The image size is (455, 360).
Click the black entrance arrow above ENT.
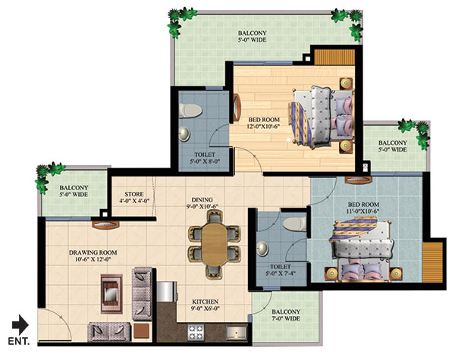pyautogui.click(x=20, y=324)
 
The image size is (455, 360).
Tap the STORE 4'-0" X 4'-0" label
pyautogui.click(x=134, y=197)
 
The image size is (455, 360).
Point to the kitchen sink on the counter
pyautogui.click(x=237, y=333)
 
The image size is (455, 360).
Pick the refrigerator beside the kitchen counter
pyautogui.click(x=167, y=292)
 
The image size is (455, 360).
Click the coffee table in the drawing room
pyautogui.click(x=111, y=294)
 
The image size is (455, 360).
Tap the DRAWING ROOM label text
pyautogui.click(x=93, y=252)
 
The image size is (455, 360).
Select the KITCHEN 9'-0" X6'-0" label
pyautogui.click(x=206, y=305)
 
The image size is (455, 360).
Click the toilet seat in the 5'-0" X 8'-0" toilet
pyautogui.click(x=190, y=111)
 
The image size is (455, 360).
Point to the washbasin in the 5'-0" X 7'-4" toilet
pyautogui.click(x=262, y=249)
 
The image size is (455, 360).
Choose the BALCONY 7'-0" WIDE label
pyautogui.click(x=286, y=315)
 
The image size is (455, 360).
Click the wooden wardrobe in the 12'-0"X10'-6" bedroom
pyautogui.click(x=334, y=57)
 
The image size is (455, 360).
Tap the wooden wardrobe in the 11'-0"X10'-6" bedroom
pyautogui.click(x=433, y=262)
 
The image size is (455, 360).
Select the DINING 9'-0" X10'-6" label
pyautogui.click(x=202, y=203)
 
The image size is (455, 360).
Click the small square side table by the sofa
pyautogui.click(x=141, y=330)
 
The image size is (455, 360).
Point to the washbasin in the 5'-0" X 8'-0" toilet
pyautogui.click(x=184, y=133)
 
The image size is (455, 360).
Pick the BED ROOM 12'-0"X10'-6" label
pyautogui.click(x=264, y=123)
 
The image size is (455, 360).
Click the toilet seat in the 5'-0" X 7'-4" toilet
pyautogui.click(x=295, y=224)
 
